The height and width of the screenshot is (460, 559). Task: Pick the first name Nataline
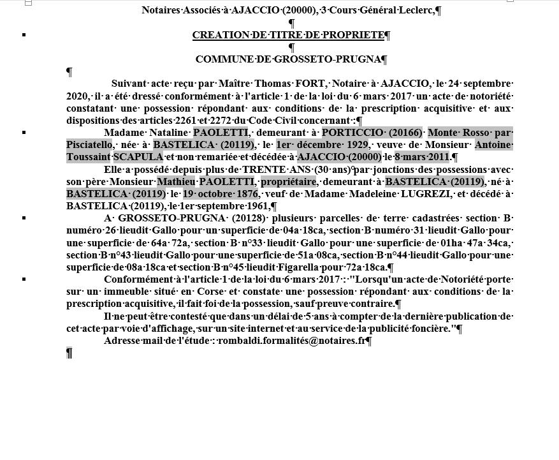[x=169, y=133]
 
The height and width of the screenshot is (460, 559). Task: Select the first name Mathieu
[x=176, y=182]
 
